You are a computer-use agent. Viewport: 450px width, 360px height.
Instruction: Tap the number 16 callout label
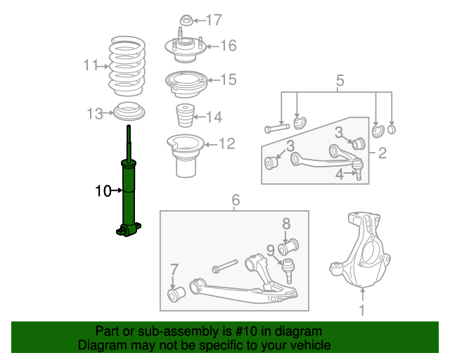229,46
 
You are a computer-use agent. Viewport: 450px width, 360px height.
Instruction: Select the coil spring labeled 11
127,66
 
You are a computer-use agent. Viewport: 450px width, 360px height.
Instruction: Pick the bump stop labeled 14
185,116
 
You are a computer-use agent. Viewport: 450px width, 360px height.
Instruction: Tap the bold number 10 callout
103,191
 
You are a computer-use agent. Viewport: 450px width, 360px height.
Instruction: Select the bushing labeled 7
176,294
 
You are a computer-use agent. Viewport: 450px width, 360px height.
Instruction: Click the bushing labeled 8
288,247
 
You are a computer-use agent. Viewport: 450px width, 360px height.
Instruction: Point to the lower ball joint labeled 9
288,270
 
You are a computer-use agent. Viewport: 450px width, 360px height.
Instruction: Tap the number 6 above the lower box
236,200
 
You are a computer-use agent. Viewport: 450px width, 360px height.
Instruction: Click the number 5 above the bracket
340,81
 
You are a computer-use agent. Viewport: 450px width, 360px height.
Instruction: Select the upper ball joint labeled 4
358,169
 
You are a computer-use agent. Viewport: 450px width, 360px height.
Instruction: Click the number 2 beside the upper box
382,153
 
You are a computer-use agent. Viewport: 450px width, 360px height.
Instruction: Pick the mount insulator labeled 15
186,84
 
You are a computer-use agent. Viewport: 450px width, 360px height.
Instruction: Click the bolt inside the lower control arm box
224,266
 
